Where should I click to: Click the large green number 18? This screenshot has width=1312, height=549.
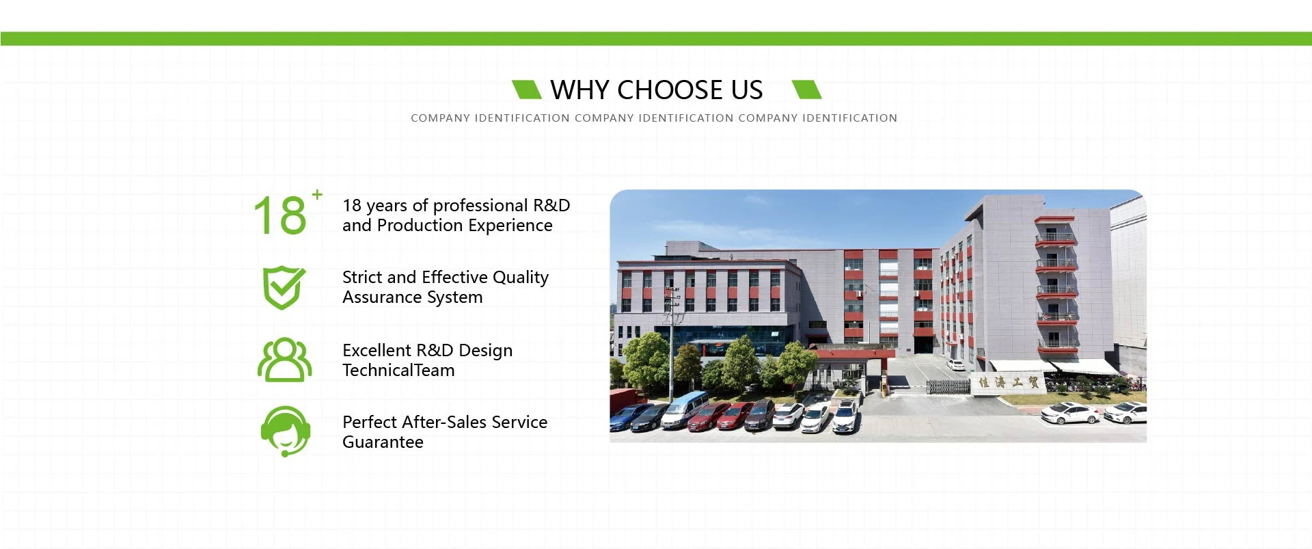click(x=280, y=215)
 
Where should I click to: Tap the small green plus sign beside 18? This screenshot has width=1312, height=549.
click(x=317, y=194)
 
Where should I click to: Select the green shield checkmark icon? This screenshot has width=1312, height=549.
click(x=284, y=288)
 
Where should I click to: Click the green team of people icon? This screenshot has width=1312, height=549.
click(x=284, y=360)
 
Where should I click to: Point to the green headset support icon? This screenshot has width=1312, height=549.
click(x=286, y=431)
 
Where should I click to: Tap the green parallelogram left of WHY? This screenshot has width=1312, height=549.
click(x=527, y=90)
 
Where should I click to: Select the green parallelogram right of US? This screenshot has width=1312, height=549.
click(x=806, y=90)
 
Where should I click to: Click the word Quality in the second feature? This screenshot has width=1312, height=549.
click(x=521, y=278)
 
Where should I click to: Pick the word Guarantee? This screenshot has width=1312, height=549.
click(x=383, y=442)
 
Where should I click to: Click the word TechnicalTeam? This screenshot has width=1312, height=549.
click(x=398, y=371)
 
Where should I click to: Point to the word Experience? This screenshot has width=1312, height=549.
click(x=510, y=226)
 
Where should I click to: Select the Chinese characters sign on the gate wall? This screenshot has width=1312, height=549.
click(x=1009, y=382)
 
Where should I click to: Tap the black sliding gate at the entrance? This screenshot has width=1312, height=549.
click(x=948, y=388)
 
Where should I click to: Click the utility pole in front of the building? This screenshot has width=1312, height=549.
click(x=672, y=342)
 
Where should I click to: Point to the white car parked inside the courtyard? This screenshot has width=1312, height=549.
click(x=955, y=365)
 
